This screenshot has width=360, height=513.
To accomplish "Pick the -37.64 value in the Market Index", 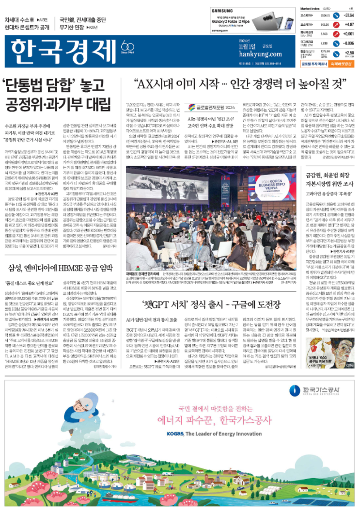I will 348,16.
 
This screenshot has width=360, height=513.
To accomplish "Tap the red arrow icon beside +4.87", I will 335,24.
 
